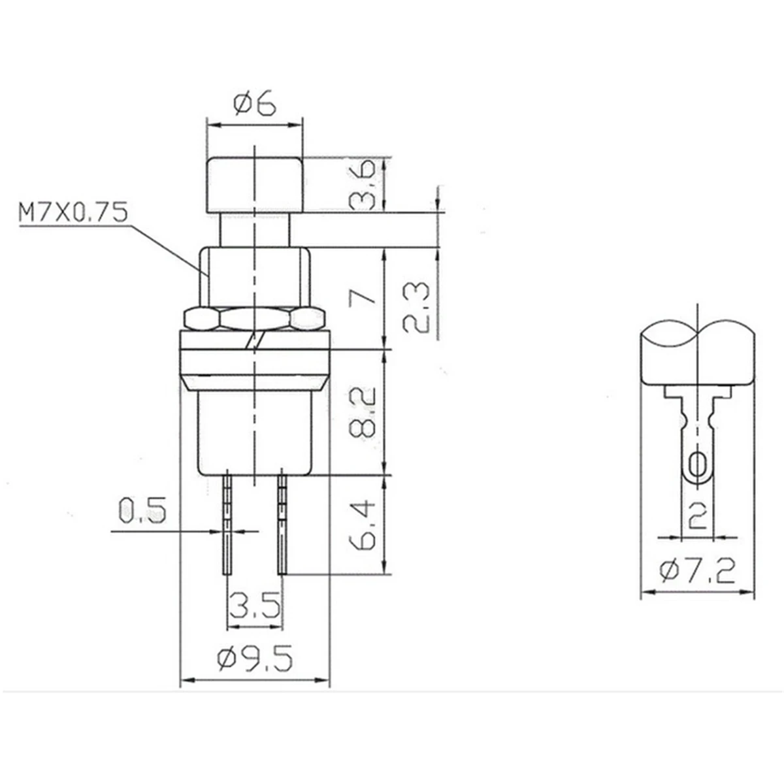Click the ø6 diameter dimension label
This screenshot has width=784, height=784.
pyautogui.click(x=255, y=105)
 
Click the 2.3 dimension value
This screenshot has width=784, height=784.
pyautogui.click(x=416, y=308)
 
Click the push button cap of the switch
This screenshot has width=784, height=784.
pyautogui.click(x=255, y=186)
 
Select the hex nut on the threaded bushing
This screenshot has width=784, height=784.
pyautogui.click(x=255, y=319)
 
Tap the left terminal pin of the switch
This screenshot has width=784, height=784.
pyautogui.click(x=227, y=523)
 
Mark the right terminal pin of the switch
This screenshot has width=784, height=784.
pyautogui.click(x=282, y=523)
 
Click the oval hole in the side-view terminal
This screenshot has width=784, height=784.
pyautogui.click(x=698, y=465)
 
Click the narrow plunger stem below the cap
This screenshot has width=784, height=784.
pyautogui.click(x=255, y=231)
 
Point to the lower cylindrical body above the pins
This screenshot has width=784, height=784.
pyautogui.click(x=255, y=431)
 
